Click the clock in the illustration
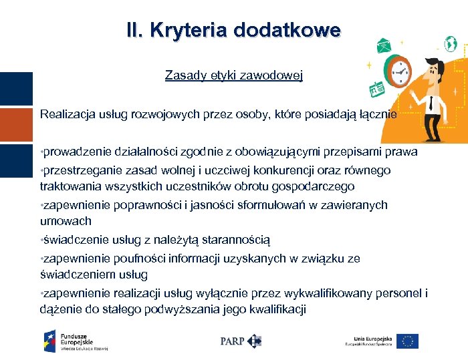point(400,70)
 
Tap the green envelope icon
point(384,46)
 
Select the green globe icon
point(451,44)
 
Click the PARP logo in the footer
point(241,341)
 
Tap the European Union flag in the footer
point(407,341)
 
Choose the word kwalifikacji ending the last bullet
point(275,309)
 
